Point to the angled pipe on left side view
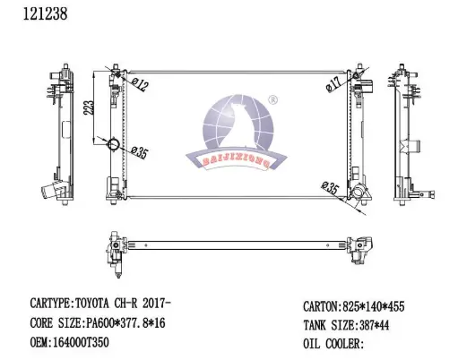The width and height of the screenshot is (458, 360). coord(49,193)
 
